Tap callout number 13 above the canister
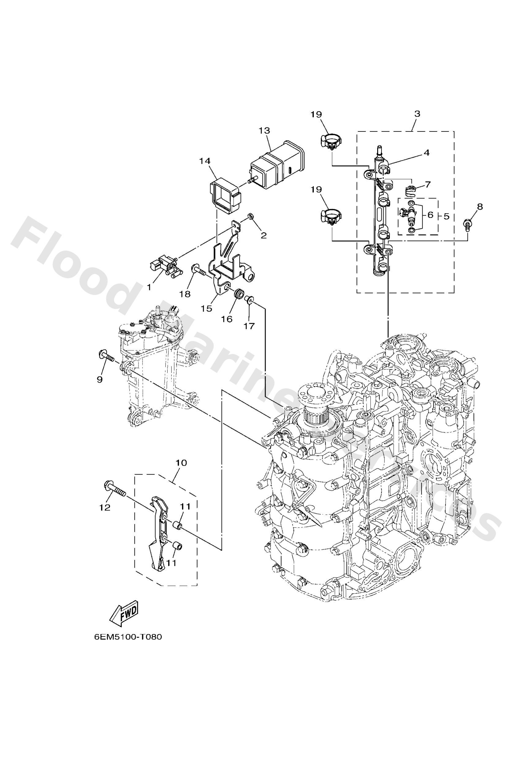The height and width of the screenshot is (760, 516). coord(264,130)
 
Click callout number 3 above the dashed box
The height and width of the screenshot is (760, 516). coord(417,114)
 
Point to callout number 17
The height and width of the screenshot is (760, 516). coord(249,326)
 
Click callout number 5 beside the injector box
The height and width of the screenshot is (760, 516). coord(446,216)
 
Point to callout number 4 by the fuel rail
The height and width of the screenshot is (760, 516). coord(426,153)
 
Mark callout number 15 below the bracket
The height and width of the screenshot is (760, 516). coord(207,308)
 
